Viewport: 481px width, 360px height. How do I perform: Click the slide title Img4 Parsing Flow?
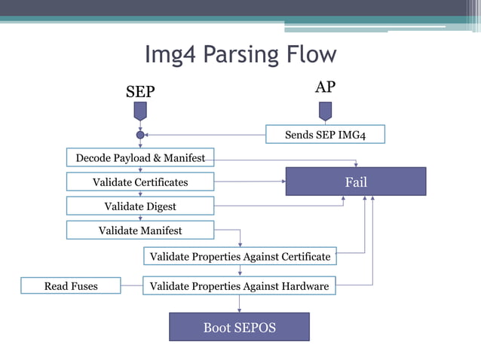click(x=240, y=55)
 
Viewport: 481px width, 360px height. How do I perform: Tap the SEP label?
click(x=139, y=92)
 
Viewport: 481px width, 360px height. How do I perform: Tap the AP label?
click(x=325, y=87)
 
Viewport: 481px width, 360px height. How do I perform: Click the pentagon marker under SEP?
click(x=139, y=111)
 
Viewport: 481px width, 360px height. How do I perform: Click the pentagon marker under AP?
click(x=325, y=111)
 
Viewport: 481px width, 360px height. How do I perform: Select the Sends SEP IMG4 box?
click(x=325, y=135)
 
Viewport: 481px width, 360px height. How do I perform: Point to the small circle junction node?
click(x=139, y=135)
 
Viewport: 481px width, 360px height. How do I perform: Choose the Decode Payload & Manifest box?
click(x=140, y=158)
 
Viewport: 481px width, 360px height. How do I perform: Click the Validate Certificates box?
click(x=140, y=182)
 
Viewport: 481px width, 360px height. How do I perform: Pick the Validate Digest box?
click(x=140, y=206)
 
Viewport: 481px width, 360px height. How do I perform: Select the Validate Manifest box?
click(x=140, y=230)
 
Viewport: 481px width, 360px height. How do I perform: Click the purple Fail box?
click(x=355, y=182)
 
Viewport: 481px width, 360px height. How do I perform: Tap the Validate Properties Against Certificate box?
click(x=240, y=257)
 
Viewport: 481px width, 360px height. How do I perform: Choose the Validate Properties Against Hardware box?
click(x=240, y=286)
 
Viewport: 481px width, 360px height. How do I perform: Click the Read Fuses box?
click(x=71, y=286)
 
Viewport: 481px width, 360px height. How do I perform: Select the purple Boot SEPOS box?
click(x=239, y=327)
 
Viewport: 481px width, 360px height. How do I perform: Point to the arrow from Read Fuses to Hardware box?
click(x=131, y=286)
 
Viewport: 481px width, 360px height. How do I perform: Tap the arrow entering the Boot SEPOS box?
click(x=240, y=304)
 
